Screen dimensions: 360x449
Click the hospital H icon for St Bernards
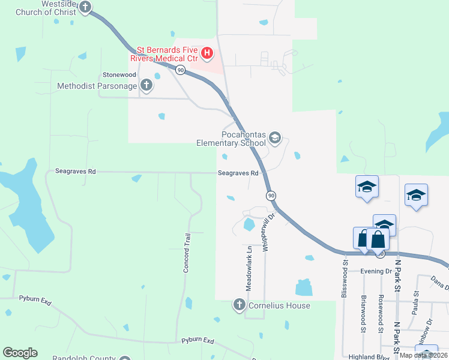click(x=207, y=53)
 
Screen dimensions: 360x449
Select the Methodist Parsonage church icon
click(x=145, y=86)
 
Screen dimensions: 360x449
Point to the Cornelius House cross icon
click(x=238, y=305)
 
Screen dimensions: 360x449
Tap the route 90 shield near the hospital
click(x=180, y=70)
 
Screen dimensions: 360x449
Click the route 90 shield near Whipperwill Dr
click(x=271, y=196)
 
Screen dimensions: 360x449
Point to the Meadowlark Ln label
click(x=248, y=268)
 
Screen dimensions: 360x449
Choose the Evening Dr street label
click(x=376, y=271)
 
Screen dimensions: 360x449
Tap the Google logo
click(x=20, y=353)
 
